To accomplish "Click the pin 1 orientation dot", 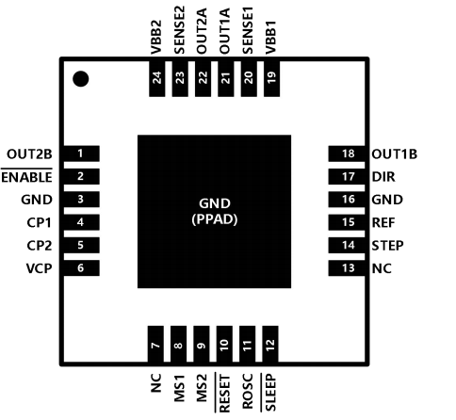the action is pyautogui.click(x=80, y=78).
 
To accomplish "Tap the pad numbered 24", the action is pyautogui.click(x=156, y=78).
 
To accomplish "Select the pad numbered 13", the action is pyautogui.click(x=347, y=268).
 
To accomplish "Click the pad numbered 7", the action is pyautogui.click(x=155, y=344).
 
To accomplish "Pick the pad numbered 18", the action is pyautogui.click(x=347, y=153).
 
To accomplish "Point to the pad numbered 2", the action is pyautogui.click(x=82, y=176).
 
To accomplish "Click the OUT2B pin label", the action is pyautogui.click(x=29, y=154).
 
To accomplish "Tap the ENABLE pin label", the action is pyautogui.click(x=26, y=177).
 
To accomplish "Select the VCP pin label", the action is pyautogui.click(x=39, y=268).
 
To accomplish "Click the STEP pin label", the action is pyautogui.click(x=387, y=245).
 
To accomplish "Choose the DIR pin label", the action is pyautogui.click(x=383, y=177).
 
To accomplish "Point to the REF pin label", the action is pyautogui.click(x=383, y=222).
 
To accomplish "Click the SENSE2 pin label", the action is pyautogui.click(x=179, y=30).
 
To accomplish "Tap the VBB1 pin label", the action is pyautogui.click(x=270, y=38).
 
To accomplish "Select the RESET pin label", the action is pyautogui.click(x=224, y=393).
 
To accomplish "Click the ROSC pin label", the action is pyautogui.click(x=248, y=391).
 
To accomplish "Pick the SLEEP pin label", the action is pyautogui.click(x=270, y=393).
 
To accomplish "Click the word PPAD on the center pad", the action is pyautogui.click(x=215, y=219).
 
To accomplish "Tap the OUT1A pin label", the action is pyautogui.click(x=225, y=31).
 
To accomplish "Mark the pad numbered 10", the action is pyautogui.click(x=224, y=344).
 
